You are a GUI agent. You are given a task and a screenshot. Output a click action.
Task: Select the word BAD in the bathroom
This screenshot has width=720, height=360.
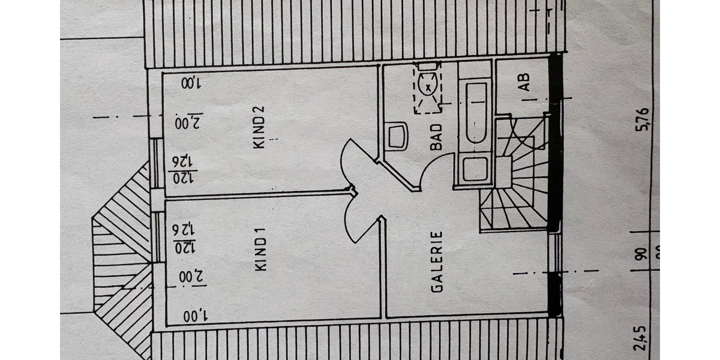[436, 137]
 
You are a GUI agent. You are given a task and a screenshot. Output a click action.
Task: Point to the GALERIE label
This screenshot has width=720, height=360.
[437, 262]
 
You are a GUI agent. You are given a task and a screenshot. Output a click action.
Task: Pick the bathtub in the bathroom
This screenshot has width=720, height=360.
[476, 113]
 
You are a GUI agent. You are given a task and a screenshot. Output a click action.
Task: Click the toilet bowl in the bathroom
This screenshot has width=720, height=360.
[427, 89]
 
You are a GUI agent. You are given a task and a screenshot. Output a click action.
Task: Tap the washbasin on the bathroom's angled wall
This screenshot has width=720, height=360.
[396, 137]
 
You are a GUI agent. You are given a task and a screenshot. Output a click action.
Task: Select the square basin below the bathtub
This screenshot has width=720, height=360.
[476, 169]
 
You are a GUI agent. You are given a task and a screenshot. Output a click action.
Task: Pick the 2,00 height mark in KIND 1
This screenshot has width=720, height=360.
[188, 277]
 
